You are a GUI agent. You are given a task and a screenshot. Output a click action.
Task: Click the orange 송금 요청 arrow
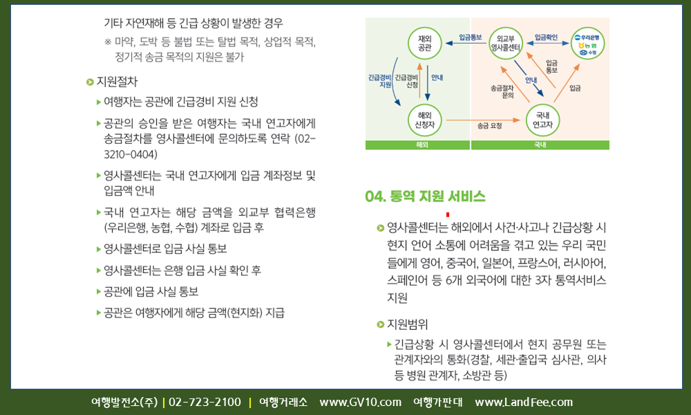pos(484,120)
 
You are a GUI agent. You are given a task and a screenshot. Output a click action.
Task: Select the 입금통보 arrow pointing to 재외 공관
pos(466,43)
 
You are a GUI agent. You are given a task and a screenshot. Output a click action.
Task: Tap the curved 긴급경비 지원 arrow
pos(393,82)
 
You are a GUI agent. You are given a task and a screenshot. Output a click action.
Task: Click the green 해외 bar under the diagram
pos(417,145)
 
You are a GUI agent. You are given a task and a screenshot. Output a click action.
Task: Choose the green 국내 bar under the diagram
pos(540,145)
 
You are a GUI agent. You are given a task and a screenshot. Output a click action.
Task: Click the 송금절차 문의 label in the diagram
pos(502,91)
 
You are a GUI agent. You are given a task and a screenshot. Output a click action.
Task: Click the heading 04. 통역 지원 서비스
pos(425,196)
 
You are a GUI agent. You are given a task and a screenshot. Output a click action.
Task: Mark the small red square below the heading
pos(448,215)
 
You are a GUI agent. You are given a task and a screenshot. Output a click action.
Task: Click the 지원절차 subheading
pos(117,82)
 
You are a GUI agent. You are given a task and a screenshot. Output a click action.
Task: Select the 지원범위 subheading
pos(407,324)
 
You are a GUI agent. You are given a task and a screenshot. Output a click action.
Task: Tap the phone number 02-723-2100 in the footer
pos(205,403)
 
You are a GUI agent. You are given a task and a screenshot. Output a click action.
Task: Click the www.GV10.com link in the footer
pos(361,403)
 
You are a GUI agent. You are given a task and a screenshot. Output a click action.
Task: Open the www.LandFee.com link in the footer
pos(524,403)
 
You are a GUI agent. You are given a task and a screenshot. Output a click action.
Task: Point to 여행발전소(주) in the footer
pos(124,403)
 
